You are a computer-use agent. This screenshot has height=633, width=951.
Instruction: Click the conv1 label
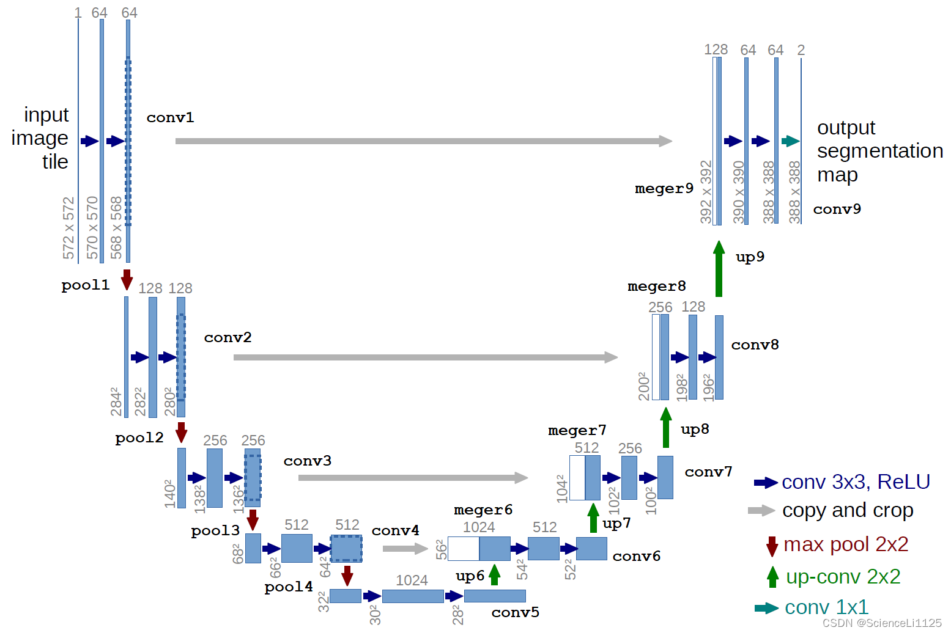[170, 117]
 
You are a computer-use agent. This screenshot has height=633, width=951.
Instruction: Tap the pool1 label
[85, 285]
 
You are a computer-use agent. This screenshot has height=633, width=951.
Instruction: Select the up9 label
[750, 257]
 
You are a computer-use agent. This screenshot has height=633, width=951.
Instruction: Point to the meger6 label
[483, 510]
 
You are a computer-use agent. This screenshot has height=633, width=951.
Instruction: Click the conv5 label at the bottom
[515, 612]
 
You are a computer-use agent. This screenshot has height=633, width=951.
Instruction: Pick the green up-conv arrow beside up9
[719, 269]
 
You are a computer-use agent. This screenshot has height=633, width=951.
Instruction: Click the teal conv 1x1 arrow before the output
[790, 141]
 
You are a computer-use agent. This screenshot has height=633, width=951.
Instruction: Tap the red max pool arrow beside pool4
[347, 575]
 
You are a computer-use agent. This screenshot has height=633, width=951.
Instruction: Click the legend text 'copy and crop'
[848, 510]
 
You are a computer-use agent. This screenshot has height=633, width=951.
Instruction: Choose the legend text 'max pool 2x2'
[846, 544]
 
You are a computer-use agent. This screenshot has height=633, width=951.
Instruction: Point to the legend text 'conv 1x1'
[826, 607]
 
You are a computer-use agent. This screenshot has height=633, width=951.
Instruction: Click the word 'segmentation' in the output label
[879, 151]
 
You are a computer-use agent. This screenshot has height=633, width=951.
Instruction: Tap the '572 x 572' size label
[68, 227]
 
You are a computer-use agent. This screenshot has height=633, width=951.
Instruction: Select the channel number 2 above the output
[801, 50]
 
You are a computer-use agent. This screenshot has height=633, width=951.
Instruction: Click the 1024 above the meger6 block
[478, 527]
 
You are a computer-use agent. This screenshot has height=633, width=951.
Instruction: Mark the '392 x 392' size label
[706, 191]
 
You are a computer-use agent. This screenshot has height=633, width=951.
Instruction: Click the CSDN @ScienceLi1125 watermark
[882, 623]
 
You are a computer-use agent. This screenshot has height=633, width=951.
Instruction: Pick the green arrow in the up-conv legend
[772, 577]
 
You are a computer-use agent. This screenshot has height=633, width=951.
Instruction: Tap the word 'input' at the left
[46, 115]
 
